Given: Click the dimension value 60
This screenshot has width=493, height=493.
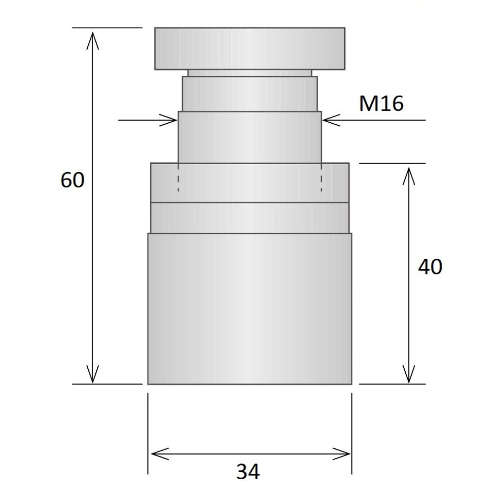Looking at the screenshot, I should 72,180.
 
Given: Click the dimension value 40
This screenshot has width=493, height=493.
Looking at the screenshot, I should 430,267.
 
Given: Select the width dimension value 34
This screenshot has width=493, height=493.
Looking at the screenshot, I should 247,472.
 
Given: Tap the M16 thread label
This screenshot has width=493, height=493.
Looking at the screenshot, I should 381,104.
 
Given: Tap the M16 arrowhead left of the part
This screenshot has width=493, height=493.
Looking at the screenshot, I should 170,120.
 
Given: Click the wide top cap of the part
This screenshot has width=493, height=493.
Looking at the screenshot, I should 249,48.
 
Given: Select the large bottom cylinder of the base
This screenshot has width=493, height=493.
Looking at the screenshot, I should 249,308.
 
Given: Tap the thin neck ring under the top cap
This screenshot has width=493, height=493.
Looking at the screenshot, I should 249,73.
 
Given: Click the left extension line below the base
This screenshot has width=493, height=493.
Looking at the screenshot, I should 148,434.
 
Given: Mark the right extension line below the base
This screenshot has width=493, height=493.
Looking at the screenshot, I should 352,434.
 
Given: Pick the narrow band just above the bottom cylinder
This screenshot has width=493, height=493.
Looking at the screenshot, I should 249,217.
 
